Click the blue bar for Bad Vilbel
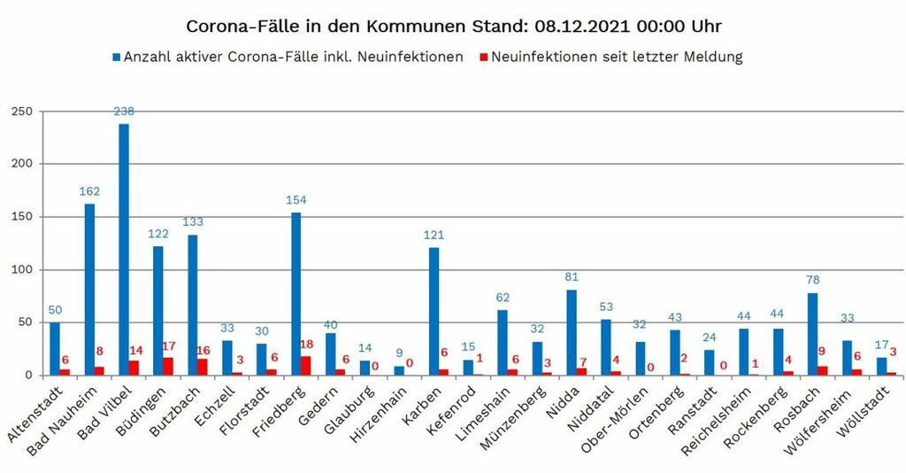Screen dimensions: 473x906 (x=124, y=249)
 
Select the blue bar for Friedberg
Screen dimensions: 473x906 (x=296, y=293)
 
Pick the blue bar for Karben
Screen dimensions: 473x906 (x=434, y=311)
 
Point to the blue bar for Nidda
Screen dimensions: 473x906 (x=572, y=332)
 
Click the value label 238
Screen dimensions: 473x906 (x=124, y=112)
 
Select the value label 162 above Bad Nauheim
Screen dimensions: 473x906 (x=89, y=191)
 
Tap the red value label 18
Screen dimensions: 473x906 (x=307, y=345)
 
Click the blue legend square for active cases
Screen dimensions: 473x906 (x=116, y=58)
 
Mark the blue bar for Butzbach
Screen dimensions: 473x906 (x=193, y=305)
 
